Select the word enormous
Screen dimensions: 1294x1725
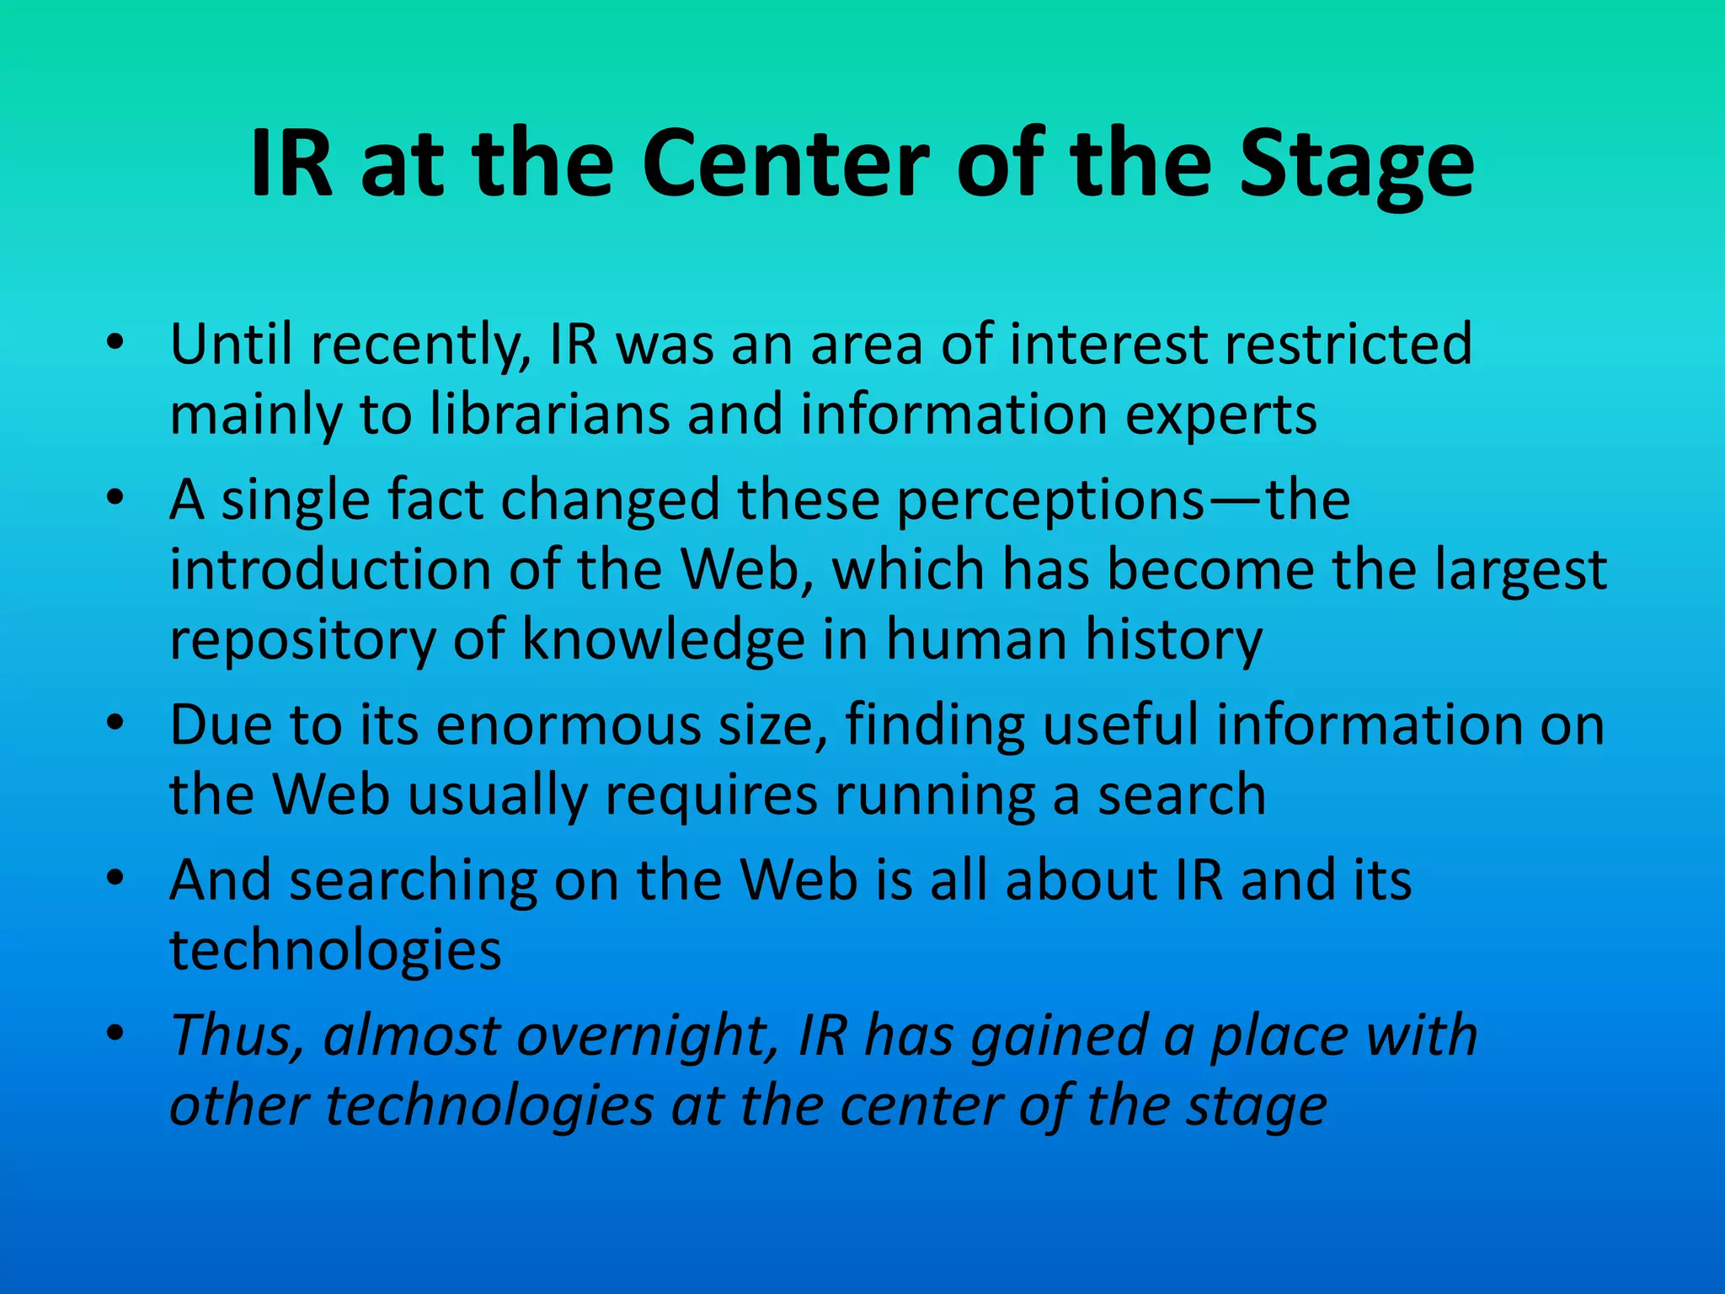(569, 725)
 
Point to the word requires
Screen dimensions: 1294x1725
(712, 796)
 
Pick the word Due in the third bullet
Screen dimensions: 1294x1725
(221, 725)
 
